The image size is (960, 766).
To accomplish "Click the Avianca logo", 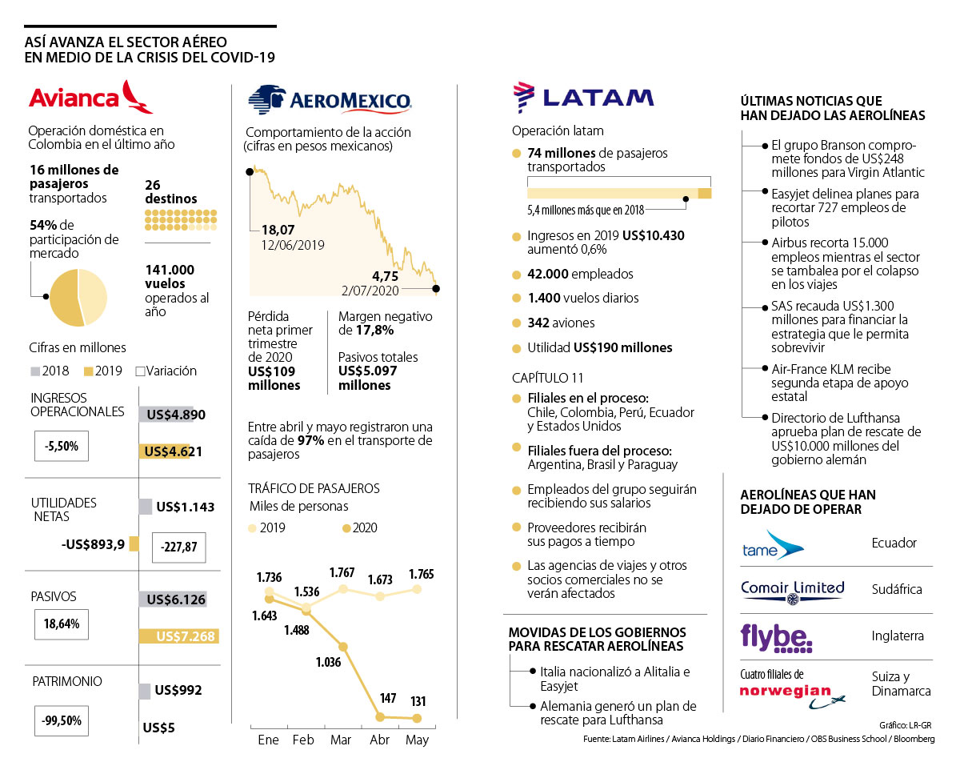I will click(90, 97).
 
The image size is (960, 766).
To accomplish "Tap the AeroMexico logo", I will click(329, 100).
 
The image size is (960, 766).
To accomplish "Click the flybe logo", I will click(776, 636).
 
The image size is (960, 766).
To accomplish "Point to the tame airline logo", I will click(772, 544).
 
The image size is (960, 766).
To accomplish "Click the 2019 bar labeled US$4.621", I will click(171, 451).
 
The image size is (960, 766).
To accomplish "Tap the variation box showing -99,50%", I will click(62, 720).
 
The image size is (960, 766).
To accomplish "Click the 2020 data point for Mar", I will click(342, 647).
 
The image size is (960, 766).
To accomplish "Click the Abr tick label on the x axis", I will click(380, 740).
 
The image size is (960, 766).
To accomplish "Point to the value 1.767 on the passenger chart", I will click(342, 573).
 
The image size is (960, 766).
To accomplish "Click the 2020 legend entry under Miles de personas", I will click(360, 527).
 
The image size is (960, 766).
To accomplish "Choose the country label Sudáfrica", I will click(897, 590).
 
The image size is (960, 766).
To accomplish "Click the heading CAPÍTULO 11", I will click(548, 378).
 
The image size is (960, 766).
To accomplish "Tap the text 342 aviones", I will click(561, 323).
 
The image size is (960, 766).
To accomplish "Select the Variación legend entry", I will click(166, 371).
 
